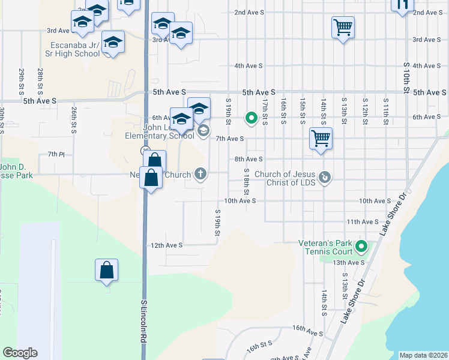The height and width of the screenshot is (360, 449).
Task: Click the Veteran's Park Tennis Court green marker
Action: [361, 247]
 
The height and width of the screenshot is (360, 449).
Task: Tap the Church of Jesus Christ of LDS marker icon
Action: [325, 176]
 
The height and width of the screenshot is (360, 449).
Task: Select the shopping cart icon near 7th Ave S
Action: [321, 138]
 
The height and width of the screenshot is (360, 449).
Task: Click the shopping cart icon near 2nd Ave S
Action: [343, 26]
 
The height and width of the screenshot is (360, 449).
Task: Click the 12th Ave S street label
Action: [166, 245]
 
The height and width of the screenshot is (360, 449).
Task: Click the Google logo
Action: [20, 353]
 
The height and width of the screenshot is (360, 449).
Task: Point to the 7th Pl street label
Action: [56, 154]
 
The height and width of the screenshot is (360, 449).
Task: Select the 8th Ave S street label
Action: [249, 159]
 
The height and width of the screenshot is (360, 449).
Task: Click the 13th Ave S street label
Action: [349, 262]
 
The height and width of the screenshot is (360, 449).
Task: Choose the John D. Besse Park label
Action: [16, 171]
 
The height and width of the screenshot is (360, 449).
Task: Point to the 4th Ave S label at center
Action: [249, 65]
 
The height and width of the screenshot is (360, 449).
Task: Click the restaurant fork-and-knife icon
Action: [402, 5]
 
